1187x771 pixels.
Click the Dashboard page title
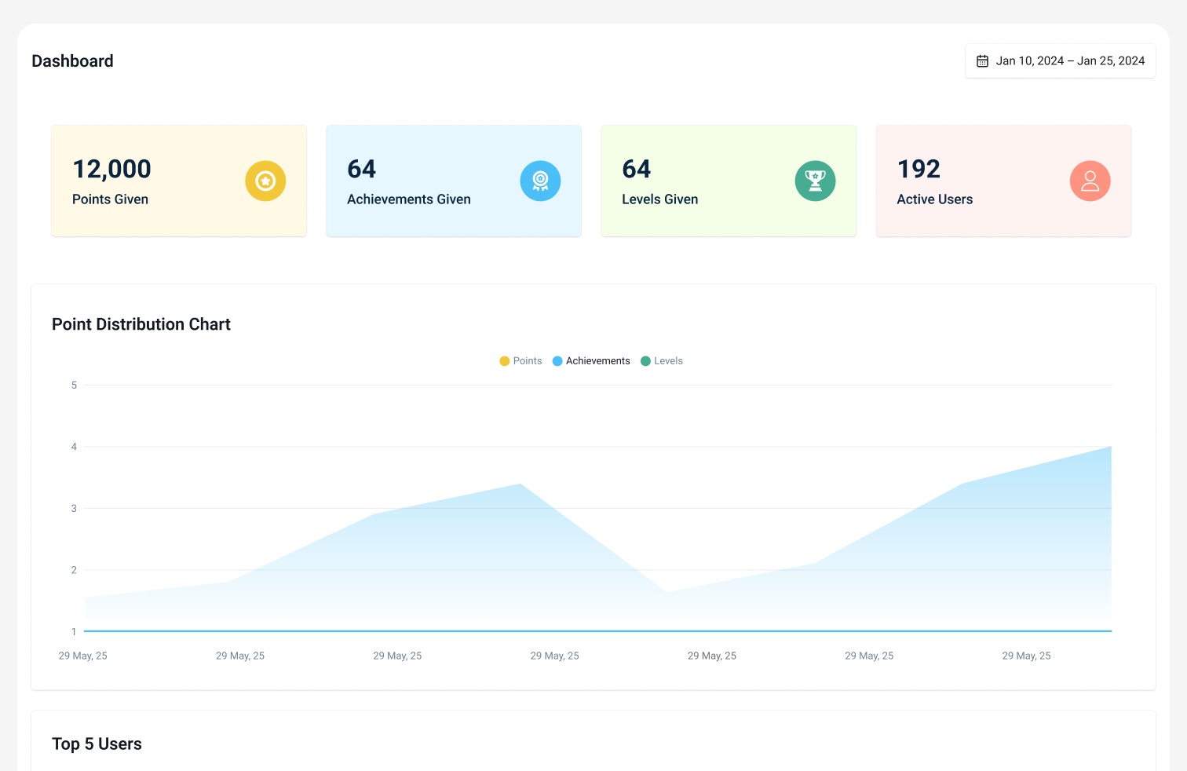pos(72,61)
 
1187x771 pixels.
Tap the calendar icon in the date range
pos(982,61)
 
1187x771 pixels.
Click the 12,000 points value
pos(111,169)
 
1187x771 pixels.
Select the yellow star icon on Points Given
pos(265,181)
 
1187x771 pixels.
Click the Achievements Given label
pos(408,199)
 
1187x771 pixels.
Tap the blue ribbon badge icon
pos(540,181)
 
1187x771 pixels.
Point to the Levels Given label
pos(659,199)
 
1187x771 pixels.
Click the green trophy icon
pos(815,181)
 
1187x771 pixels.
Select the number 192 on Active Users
pos(919,169)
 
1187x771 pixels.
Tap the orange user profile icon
pos(1090,181)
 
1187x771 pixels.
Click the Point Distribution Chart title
pos(141,324)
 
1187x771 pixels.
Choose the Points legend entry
pos(521,361)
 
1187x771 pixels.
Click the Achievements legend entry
pos(591,361)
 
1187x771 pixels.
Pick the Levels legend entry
pos(662,361)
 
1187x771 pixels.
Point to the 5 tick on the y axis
pos(75,385)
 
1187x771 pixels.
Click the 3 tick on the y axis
pos(75,509)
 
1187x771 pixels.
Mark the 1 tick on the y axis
pos(75,632)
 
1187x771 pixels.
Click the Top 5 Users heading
pos(97,744)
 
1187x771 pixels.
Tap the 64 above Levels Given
pos(636,169)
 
